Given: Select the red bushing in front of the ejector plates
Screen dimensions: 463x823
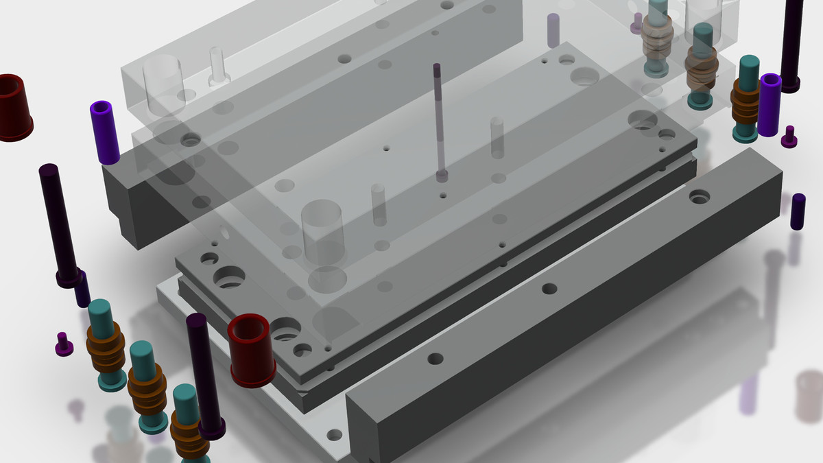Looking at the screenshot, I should point(252,350).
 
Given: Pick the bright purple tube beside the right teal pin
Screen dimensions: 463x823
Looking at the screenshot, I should point(770,104).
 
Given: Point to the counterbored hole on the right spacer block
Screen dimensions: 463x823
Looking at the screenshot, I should point(699,197).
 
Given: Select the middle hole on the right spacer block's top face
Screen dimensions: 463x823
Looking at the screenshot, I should point(549,289).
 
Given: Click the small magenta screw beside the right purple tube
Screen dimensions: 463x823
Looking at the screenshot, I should point(789,137).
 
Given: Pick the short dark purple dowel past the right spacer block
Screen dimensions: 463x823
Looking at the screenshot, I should point(798,211).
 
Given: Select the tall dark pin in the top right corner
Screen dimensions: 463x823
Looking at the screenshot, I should point(792,41).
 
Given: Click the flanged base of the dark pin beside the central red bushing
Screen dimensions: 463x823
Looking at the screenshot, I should point(212,429).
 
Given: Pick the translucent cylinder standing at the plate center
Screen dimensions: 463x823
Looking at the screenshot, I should point(322,233).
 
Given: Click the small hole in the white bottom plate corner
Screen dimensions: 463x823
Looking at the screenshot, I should point(333,435).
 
